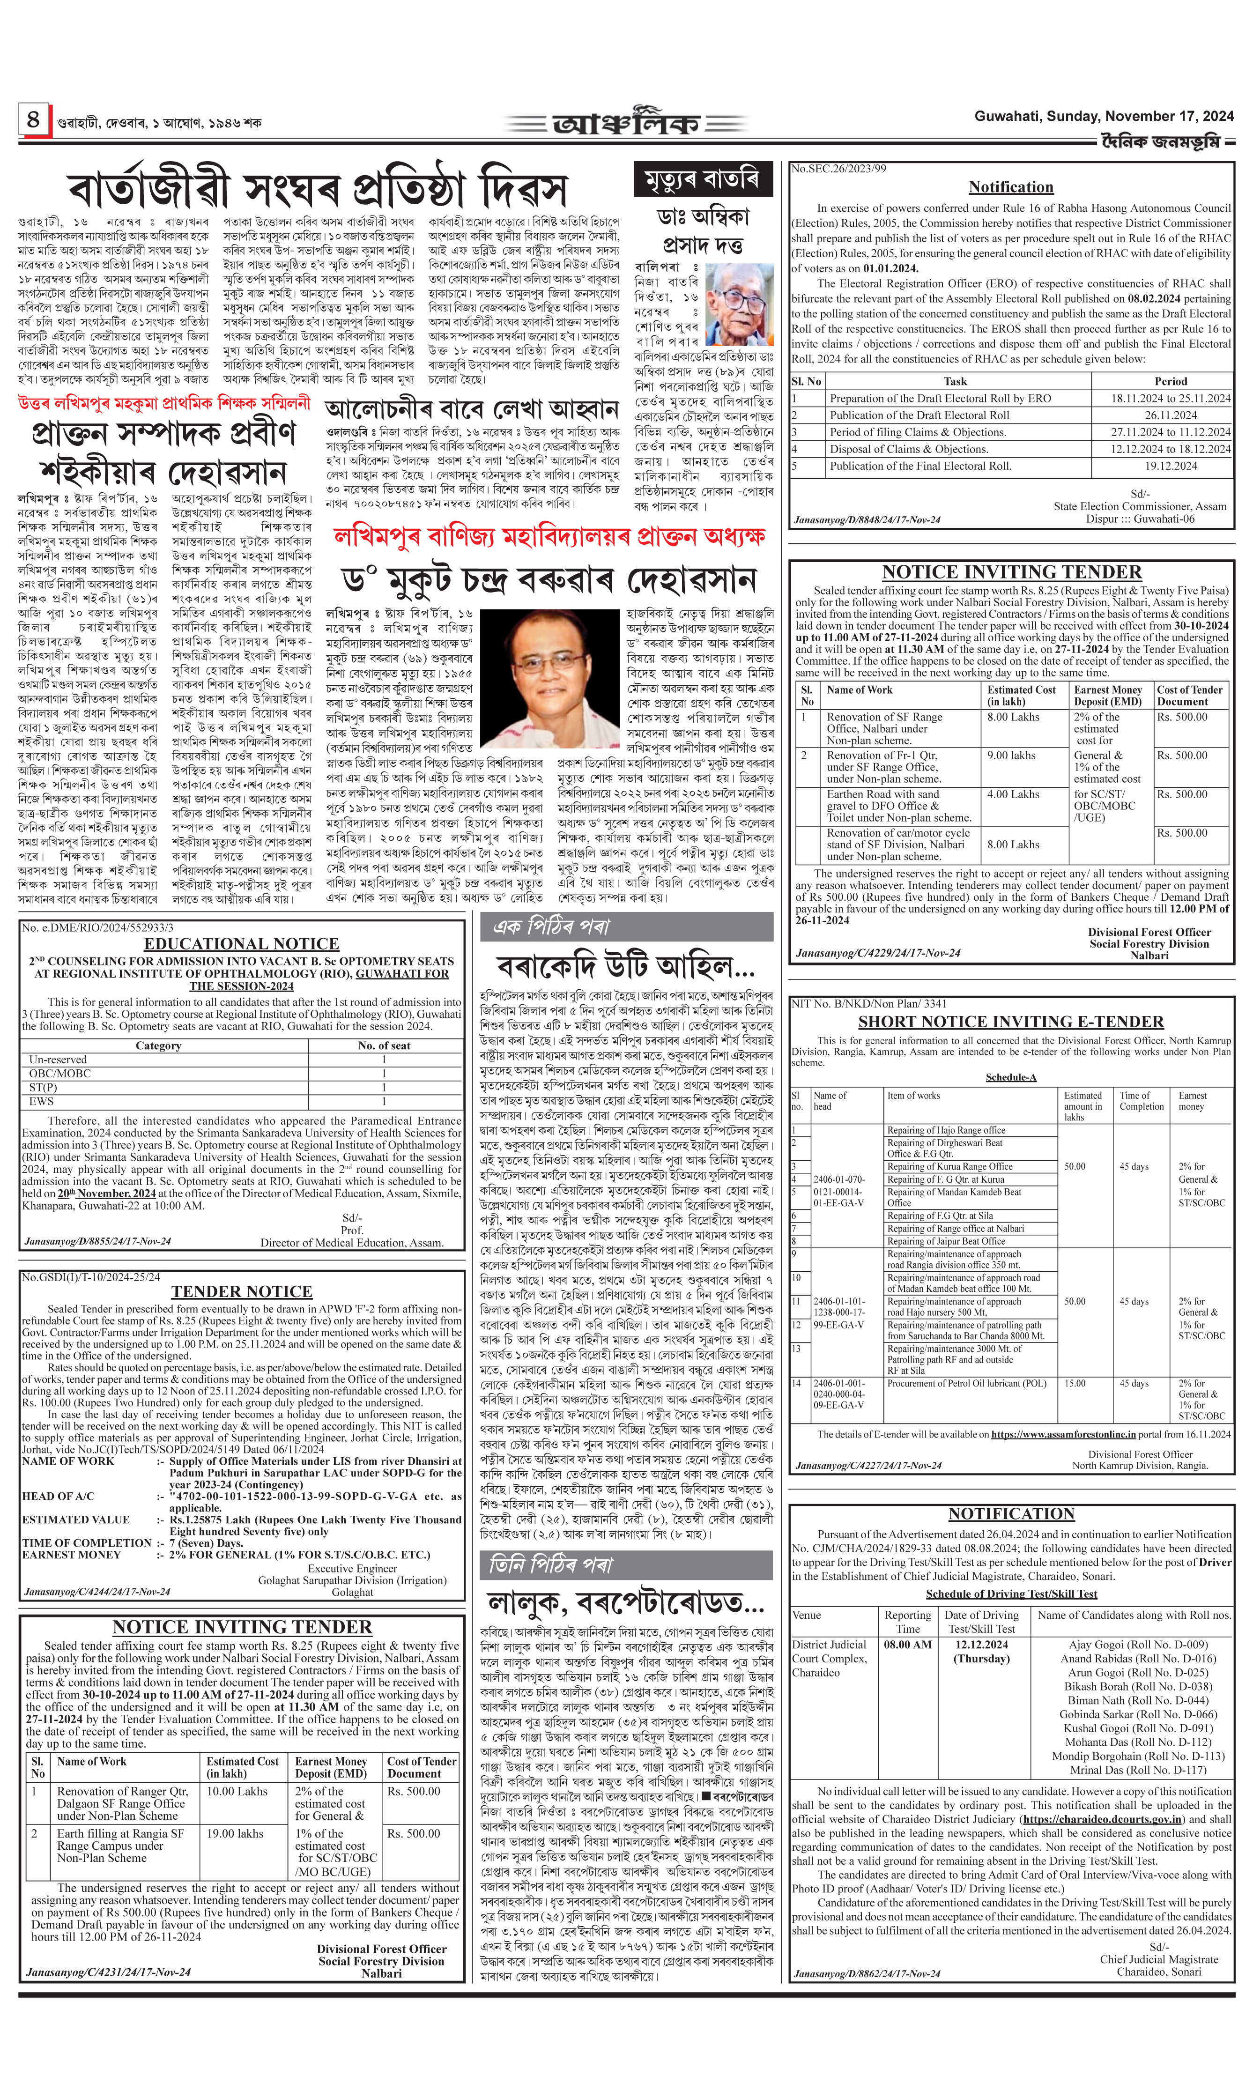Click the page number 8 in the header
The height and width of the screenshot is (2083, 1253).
coord(33,119)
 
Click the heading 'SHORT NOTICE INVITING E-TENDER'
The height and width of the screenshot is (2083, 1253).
coord(1011,1022)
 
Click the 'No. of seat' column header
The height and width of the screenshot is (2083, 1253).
coord(384,1045)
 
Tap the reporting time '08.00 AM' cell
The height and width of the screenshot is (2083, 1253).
coord(908,1644)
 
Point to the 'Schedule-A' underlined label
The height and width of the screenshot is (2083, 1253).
coord(1011,1077)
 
